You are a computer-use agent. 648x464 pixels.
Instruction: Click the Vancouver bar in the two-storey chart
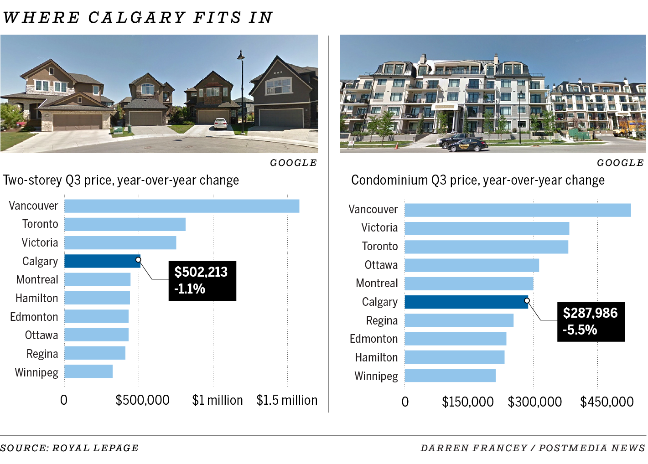coord(181,206)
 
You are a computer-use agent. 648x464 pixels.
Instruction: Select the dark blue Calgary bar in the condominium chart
coord(466,302)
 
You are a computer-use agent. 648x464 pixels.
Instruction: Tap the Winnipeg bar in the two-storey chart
coord(88,371)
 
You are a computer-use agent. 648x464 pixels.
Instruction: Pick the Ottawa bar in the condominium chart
coord(472,265)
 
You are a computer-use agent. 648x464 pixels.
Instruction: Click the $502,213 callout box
coord(202,280)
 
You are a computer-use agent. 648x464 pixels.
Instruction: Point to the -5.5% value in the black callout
coord(580,330)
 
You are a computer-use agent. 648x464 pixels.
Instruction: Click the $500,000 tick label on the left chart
coord(142,400)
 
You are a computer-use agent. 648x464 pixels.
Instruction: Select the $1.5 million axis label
coord(287,400)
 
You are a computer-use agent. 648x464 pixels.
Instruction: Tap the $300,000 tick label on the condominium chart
coord(534,402)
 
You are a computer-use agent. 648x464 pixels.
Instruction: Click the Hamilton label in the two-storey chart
coord(36,299)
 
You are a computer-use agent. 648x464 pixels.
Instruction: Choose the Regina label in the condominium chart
coord(382,321)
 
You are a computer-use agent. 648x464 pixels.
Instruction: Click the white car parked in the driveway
coord(220,123)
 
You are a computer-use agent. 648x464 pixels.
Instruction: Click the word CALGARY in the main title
coord(136,17)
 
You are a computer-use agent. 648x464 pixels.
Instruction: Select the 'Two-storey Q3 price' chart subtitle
coord(121,180)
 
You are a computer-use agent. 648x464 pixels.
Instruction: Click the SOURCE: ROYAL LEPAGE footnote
coord(69,448)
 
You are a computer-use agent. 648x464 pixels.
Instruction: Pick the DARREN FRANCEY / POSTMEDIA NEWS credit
coord(532,448)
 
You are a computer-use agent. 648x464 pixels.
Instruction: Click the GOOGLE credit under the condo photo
coord(620,163)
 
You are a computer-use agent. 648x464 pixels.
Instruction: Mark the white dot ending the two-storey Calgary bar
coord(138,260)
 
